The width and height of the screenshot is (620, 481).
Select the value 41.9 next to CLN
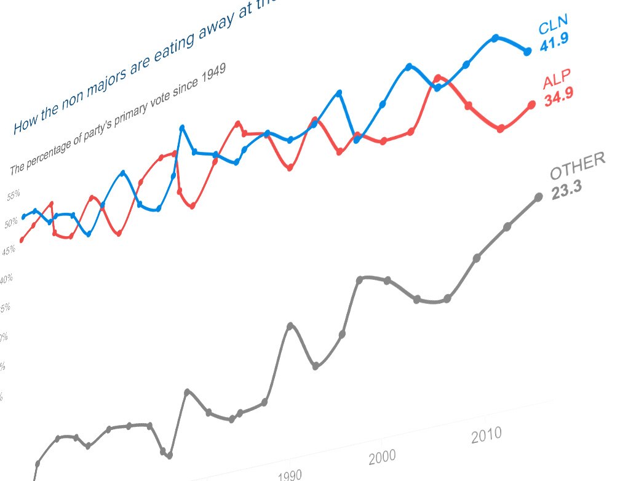tap(554, 43)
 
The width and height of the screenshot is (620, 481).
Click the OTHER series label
tap(578, 166)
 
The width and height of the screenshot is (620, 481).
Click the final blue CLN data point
tap(527, 52)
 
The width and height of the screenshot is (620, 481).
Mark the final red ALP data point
tap(532, 105)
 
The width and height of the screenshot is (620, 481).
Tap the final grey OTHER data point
tap(539, 197)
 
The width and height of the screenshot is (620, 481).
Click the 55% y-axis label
tap(14, 196)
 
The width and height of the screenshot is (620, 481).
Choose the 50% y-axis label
tap(11, 223)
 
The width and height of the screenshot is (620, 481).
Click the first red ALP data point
tap(21, 240)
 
